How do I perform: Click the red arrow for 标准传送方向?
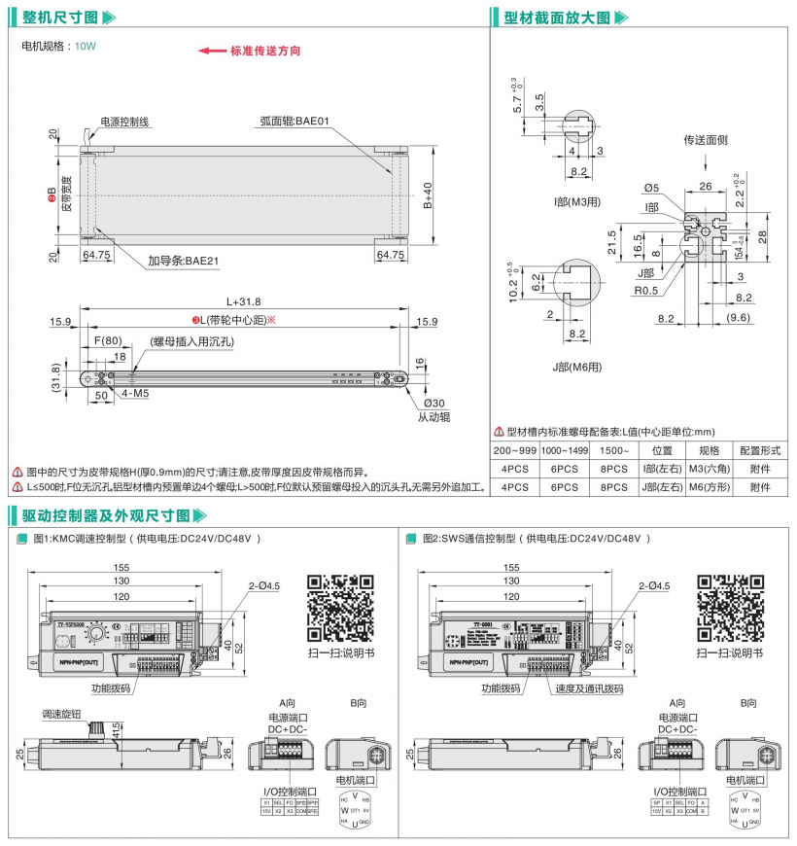pyautogui.click(x=211, y=51)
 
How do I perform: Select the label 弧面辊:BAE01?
pyautogui.click(x=295, y=122)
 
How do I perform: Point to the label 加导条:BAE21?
pyautogui.click(x=183, y=261)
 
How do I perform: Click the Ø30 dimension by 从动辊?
pyautogui.click(x=434, y=403)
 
